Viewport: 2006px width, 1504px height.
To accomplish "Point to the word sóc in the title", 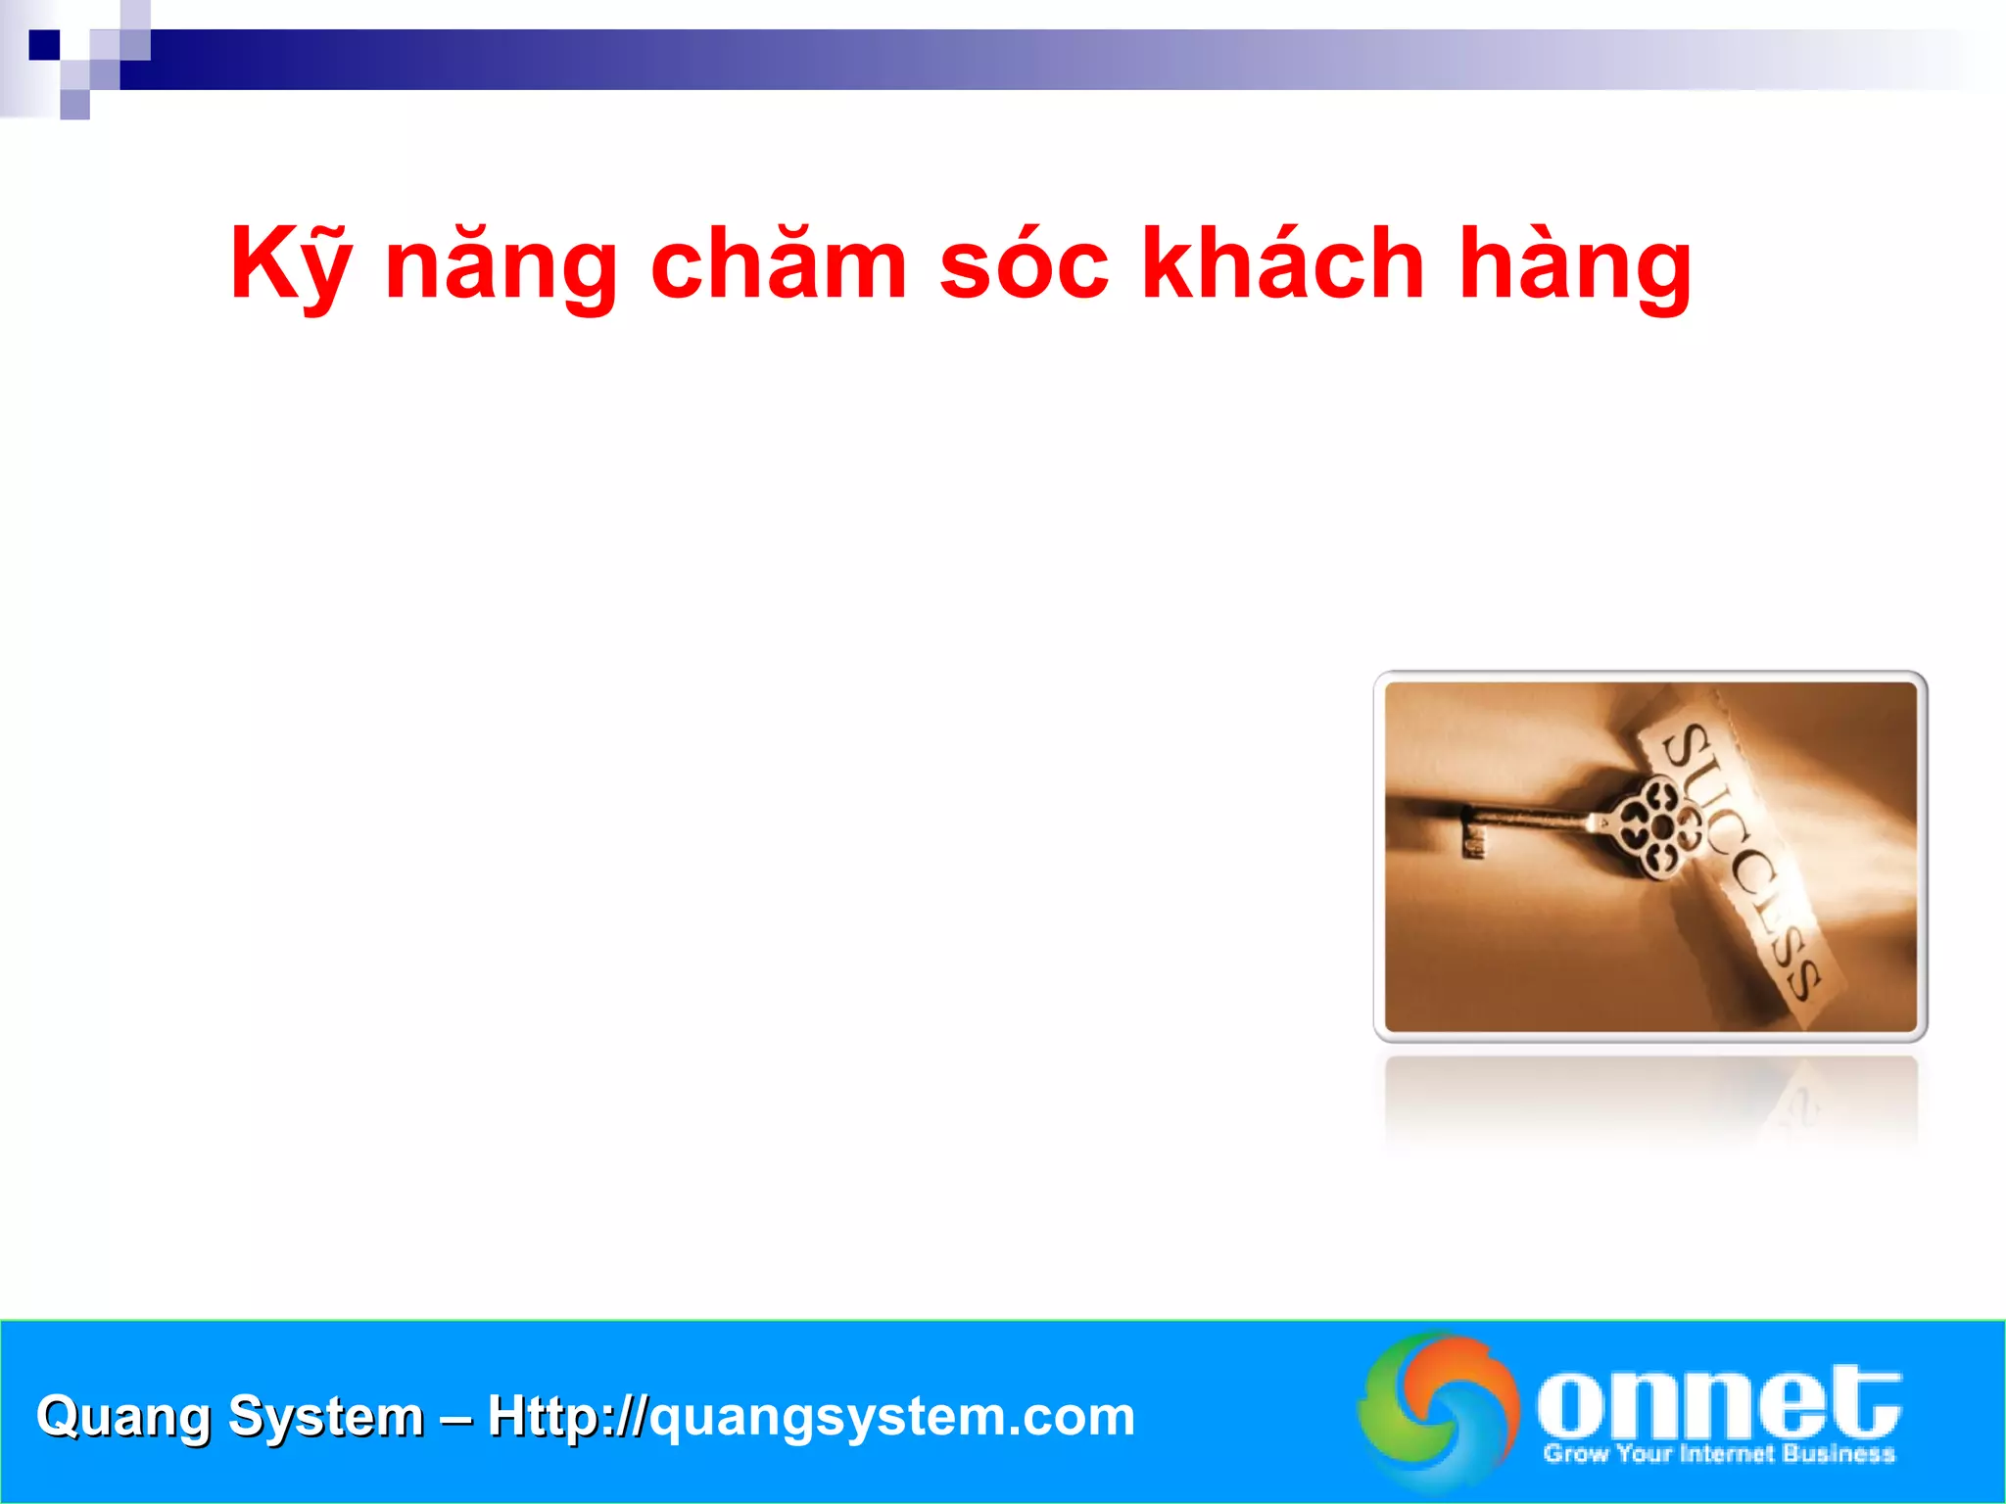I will coord(1024,264).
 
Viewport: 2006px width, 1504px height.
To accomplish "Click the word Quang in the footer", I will coord(122,1417).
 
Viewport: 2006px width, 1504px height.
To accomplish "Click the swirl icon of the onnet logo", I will coord(1438,1410).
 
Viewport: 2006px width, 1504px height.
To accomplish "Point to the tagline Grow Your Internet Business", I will coord(1719,1453).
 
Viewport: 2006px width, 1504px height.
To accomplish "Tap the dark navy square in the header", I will coord(44,45).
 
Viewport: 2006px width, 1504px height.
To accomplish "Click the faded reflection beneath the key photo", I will coord(1650,1102).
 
